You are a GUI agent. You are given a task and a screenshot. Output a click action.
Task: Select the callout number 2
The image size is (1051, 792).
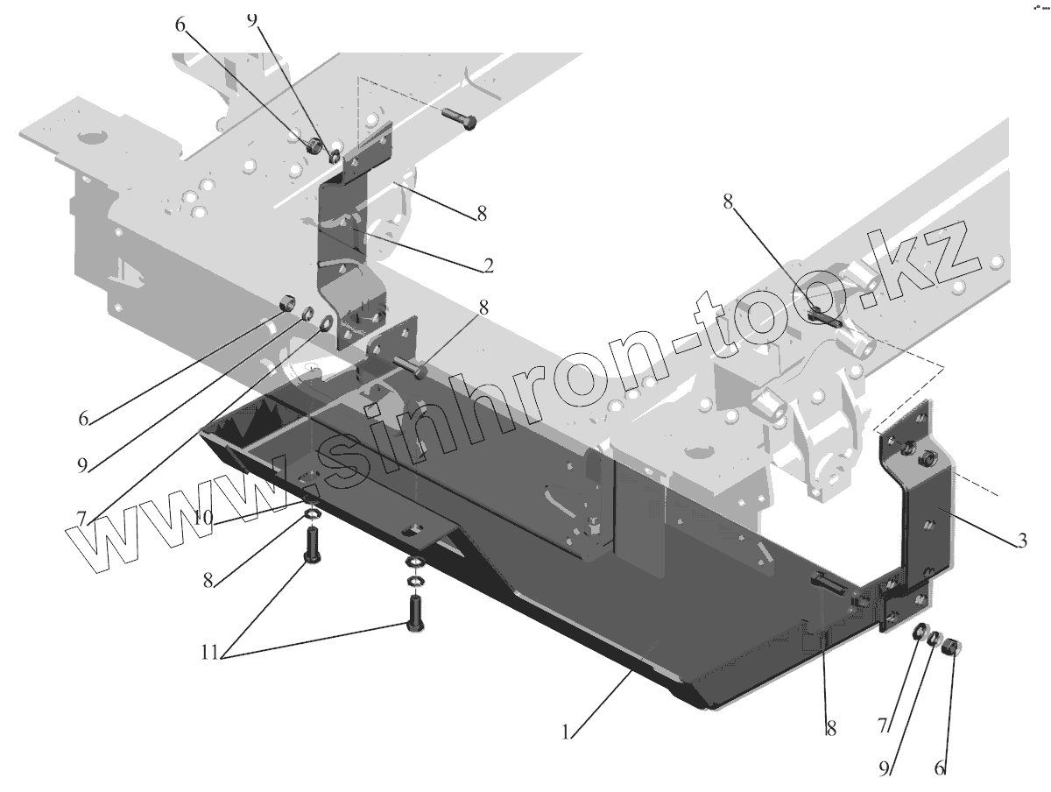click(x=487, y=265)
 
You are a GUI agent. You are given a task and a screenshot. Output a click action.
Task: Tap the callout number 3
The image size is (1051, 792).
click(x=1021, y=541)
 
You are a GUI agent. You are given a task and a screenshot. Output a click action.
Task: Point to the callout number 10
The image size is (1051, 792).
click(x=203, y=518)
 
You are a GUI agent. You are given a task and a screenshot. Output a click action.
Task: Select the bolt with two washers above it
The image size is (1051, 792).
click(x=414, y=613)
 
